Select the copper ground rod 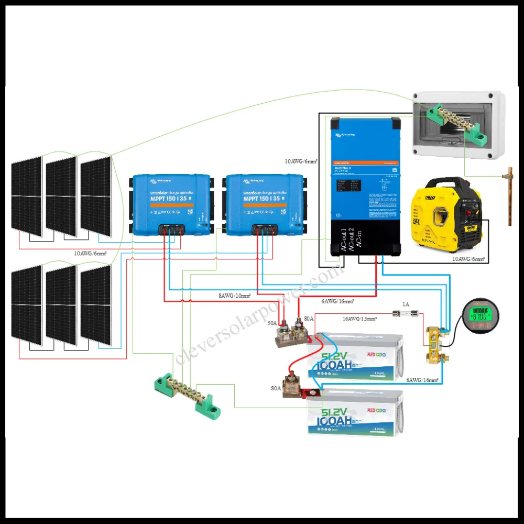pos(509,196)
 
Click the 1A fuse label pos(405,304)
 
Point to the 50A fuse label pos(272,324)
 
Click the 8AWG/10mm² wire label pos(235,296)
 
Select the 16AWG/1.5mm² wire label pos(360,318)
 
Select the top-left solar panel pos(27,196)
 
